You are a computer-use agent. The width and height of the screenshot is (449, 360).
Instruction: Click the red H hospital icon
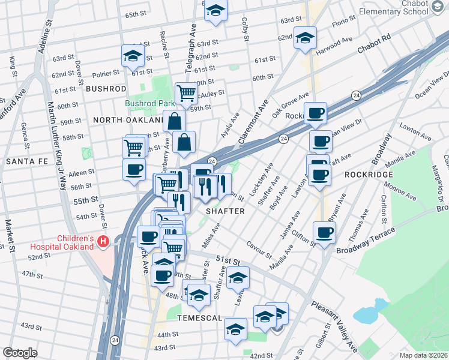[103, 242]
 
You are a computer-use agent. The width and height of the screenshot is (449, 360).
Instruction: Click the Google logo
[20, 353]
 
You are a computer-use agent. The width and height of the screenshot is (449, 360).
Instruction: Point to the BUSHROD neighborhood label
[106, 88]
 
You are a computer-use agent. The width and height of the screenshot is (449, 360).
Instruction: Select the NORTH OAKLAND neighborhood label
[128, 120]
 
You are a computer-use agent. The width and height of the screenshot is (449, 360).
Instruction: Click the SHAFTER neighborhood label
[225, 211]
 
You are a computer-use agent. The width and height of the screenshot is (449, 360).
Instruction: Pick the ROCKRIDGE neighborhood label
[369, 174]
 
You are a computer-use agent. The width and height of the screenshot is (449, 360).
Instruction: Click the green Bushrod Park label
[149, 103]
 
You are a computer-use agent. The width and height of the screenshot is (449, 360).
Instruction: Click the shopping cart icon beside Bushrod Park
[186, 92]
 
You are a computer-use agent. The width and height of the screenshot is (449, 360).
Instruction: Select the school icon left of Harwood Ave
[305, 37]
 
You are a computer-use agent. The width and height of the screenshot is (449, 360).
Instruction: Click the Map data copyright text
[423, 355]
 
